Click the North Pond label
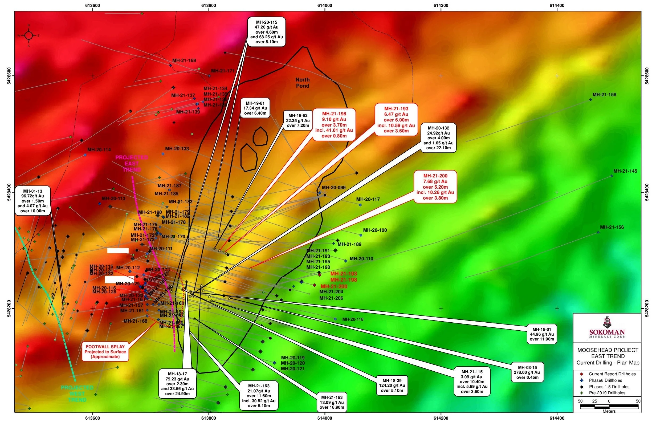tap(303, 83)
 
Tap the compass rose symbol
tap(28, 36)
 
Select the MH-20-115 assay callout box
tap(266, 32)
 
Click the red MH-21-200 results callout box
tap(435, 187)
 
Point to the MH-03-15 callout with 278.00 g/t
tap(527, 372)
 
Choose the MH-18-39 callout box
tap(392, 385)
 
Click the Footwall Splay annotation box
tap(105, 352)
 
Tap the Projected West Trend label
tap(77, 393)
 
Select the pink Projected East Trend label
tap(132, 164)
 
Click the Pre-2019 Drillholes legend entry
tap(607, 393)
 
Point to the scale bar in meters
tap(609, 406)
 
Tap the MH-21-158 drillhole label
tap(604, 95)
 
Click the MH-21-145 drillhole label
tap(625, 171)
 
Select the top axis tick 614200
tap(441, 6)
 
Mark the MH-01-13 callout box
tap(33, 201)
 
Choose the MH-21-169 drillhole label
tap(184, 60)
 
